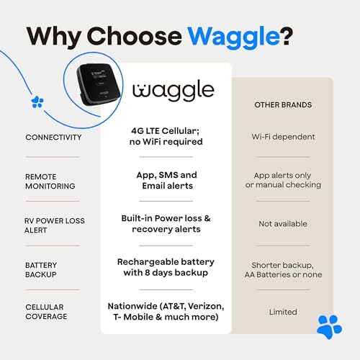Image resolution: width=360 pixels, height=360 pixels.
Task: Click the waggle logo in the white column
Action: pos(174,91)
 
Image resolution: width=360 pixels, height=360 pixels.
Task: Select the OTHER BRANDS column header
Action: pos(283,105)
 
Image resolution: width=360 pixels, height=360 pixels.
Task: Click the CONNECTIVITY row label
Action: pos(53,137)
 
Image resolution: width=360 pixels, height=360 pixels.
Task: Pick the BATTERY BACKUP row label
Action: pos(41,270)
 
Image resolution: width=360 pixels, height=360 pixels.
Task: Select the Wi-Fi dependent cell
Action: pos(283,137)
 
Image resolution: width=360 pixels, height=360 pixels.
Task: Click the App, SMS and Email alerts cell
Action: pos(167,180)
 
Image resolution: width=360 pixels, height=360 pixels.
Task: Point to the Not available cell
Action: pos(283,224)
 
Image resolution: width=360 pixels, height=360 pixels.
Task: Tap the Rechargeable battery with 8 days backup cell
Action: pos(166,267)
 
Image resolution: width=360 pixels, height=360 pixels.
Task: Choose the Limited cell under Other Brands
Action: pos(283,312)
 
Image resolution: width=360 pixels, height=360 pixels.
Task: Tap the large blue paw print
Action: pos(329,326)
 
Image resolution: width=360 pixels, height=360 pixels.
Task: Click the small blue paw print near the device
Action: pos(37,102)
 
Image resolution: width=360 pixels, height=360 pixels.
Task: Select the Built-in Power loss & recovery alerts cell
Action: pos(166,223)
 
